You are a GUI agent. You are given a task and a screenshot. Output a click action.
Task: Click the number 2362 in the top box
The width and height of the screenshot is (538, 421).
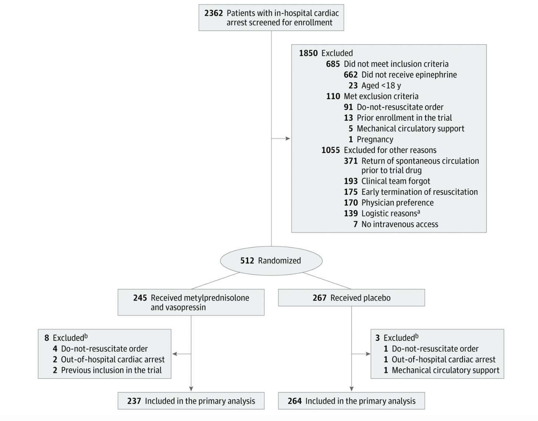214,13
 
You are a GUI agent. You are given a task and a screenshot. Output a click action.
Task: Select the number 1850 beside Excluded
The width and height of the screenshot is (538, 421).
308,53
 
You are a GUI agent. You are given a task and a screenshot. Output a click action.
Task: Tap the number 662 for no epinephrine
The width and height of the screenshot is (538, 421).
351,75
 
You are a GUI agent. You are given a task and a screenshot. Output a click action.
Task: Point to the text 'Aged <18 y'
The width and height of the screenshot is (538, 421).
381,85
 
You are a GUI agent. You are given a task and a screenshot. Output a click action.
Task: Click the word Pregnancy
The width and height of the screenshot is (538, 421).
375,139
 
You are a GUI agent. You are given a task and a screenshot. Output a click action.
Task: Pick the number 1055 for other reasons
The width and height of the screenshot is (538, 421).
330,150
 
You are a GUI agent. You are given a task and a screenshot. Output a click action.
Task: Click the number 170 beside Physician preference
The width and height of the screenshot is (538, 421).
351,203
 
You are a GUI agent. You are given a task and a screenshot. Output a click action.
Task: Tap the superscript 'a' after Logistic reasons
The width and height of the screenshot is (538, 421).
419,212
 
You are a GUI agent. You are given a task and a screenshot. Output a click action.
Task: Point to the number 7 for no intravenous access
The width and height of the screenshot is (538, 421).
355,224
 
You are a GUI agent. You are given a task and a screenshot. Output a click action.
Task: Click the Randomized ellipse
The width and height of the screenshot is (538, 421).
271,261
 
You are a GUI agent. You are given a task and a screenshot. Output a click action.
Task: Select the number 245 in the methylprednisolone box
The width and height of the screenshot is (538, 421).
140,298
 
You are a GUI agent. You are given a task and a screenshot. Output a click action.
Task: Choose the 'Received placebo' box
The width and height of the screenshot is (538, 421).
351,297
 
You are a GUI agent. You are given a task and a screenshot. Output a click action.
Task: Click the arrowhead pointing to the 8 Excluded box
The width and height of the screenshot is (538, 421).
175,354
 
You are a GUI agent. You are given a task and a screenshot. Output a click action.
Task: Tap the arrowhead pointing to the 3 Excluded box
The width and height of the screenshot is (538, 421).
368,354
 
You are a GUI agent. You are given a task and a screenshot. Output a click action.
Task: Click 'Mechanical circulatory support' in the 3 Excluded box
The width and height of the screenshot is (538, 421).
445,370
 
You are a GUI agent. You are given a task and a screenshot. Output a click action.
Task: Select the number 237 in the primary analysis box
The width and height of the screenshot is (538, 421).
134,401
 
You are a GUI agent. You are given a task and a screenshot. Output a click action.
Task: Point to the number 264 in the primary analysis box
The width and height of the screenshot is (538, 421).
295,401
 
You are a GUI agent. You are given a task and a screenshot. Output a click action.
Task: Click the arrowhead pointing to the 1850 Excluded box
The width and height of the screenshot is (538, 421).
288,138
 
